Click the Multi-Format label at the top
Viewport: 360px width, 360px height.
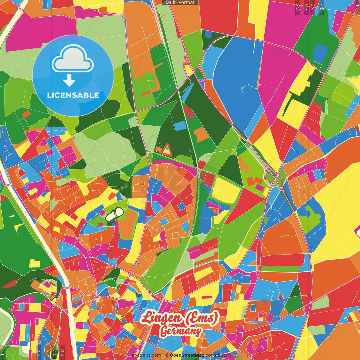tap(180, 3)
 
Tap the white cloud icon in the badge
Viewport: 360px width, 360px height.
tap(73, 59)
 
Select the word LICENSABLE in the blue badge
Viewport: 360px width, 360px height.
tap(73, 95)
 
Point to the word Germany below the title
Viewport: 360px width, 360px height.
tap(181, 331)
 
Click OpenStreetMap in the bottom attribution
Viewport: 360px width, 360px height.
tap(187, 355)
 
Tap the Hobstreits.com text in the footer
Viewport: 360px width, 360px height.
tap(145, 355)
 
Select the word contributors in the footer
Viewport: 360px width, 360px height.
tap(219, 355)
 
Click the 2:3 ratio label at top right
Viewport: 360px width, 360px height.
tap(298, 7)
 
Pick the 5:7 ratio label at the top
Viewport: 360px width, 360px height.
tap(306, 7)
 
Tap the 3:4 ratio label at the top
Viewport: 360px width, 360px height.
tap(313, 7)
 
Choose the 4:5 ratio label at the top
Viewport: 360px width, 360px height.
tap(322, 7)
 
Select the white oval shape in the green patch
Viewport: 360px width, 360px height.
tap(114, 214)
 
